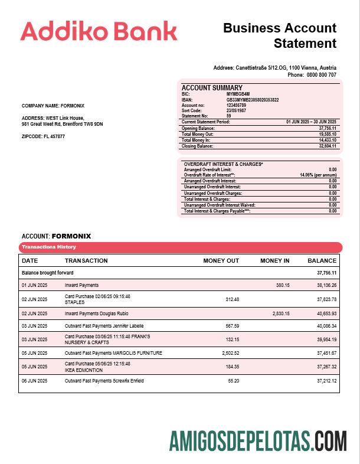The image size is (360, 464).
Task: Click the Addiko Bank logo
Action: click(x=99, y=31)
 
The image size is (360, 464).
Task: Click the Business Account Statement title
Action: click(x=280, y=35)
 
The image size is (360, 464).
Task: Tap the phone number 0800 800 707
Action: click(x=321, y=75)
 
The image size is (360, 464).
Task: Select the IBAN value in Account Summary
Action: click(x=253, y=100)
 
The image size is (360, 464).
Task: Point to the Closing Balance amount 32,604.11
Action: click(x=327, y=146)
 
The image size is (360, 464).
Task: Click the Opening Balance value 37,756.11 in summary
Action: click(x=327, y=128)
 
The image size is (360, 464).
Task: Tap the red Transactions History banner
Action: click(x=180, y=247)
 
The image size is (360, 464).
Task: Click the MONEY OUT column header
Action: click(x=221, y=260)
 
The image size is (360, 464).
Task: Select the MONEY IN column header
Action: click(x=274, y=260)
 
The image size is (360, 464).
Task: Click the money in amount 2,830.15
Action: click(x=280, y=313)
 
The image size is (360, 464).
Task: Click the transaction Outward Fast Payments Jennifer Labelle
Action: click(x=104, y=326)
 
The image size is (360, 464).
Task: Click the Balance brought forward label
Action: click(x=48, y=273)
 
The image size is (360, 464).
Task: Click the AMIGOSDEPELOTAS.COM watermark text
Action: click(x=257, y=441)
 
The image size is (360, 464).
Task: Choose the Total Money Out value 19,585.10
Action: click(x=327, y=134)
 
